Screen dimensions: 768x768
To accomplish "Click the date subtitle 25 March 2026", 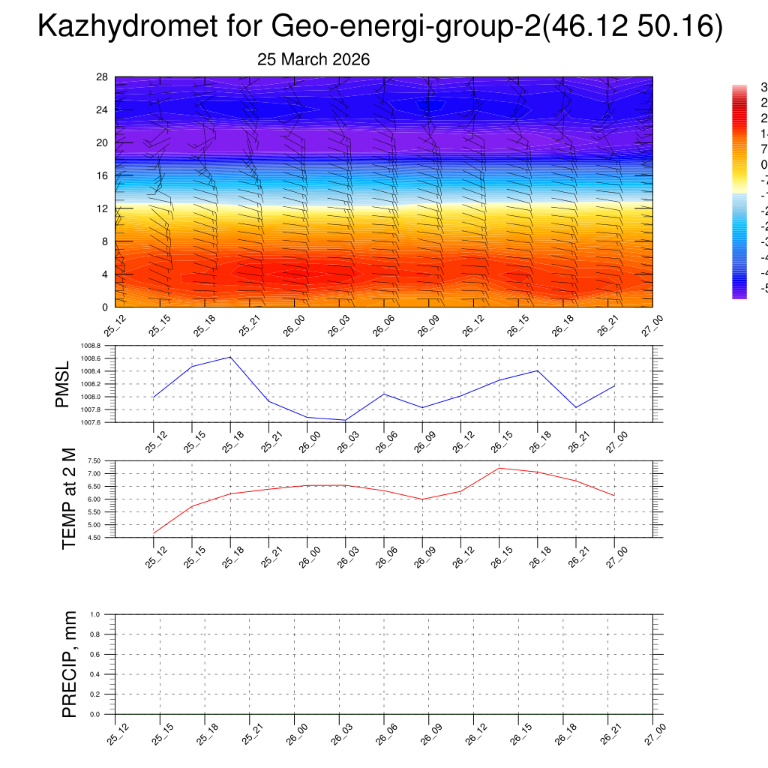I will (x=313, y=60).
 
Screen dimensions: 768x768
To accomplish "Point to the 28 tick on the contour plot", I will (x=103, y=77).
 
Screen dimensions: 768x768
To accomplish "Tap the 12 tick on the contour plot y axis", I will (x=103, y=208).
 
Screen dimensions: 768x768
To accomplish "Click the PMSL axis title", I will (x=62, y=384).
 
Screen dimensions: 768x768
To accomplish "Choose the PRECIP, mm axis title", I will (x=69, y=664).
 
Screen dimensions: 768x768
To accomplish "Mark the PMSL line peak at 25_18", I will (x=230, y=357).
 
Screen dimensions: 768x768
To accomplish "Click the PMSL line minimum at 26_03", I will (x=346, y=420).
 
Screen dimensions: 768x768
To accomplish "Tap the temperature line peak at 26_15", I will (x=499, y=468).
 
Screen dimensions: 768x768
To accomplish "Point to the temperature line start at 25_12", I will (x=154, y=532).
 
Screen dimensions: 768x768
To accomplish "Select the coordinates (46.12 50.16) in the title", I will (x=633, y=27).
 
